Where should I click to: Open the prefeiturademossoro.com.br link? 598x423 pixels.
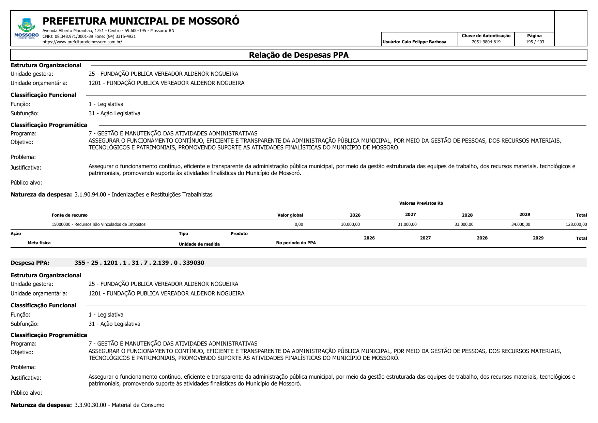click(x=82, y=42)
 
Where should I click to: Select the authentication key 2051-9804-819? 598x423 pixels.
click(x=486, y=42)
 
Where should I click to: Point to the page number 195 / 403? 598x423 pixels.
click(x=535, y=42)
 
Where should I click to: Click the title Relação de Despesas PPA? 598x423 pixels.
click(x=298, y=55)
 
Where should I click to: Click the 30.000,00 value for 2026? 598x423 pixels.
click(x=350, y=224)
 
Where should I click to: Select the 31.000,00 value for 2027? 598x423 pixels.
click(x=407, y=224)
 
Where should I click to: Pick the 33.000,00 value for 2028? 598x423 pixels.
click(x=464, y=224)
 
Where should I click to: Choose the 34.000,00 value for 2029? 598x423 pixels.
click(x=521, y=224)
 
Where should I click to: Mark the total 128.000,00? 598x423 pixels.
click(x=576, y=224)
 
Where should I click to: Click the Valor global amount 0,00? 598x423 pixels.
click(x=298, y=224)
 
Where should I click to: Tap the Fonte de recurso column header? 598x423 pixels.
click(x=70, y=215)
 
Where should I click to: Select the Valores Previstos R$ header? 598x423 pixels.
click(x=421, y=203)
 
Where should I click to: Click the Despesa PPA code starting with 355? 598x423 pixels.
click(x=139, y=263)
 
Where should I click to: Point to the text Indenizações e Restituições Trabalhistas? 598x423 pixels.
click(x=162, y=195)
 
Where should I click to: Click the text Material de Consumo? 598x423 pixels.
click(x=138, y=405)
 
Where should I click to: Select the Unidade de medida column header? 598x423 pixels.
click(x=199, y=244)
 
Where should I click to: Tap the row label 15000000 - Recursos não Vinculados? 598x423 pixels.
click(x=98, y=224)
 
